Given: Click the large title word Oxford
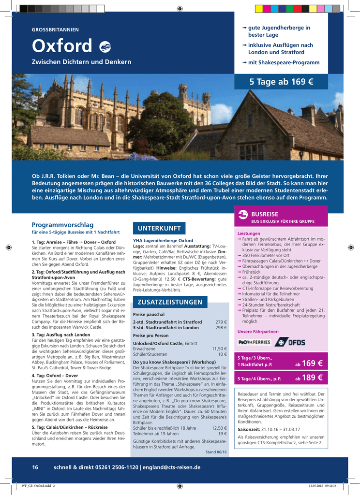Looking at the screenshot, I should click(x=62, y=46).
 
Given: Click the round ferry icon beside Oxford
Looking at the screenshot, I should click(x=105, y=47).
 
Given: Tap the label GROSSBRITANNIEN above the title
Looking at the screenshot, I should click(x=55, y=30).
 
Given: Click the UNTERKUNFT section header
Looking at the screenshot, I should click(x=159, y=228).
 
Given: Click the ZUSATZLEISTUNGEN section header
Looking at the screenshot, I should click(x=170, y=302).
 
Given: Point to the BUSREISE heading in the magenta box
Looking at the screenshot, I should click(x=265, y=214).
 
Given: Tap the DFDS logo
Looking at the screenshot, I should click(x=290, y=342).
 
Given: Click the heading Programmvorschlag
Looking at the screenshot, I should click(x=62, y=225).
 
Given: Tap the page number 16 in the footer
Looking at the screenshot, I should click(x=35, y=467).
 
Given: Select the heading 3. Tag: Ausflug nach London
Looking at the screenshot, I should click(x=61, y=335).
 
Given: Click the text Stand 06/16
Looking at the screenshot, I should click(x=216, y=452).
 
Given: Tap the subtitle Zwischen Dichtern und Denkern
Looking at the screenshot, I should click(x=81, y=62).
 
